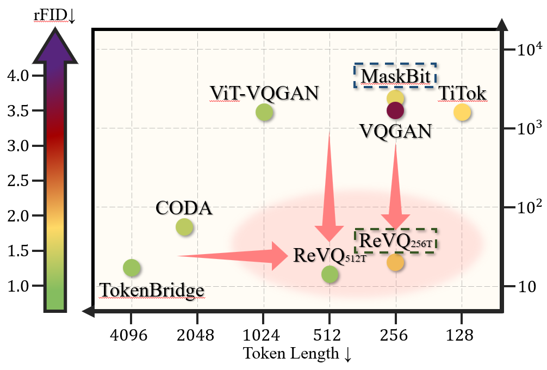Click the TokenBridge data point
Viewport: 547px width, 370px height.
coord(132,267)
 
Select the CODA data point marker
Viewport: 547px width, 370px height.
coord(184,227)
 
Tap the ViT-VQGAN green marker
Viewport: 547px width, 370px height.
coord(264,112)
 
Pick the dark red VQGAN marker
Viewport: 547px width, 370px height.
coord(395,111)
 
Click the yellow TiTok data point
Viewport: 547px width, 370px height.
coord(462,112)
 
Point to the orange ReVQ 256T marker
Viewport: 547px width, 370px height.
coord(395,262)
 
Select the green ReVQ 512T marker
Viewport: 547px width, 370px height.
coord(330,274)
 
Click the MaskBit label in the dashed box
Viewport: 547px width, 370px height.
coord(395,76)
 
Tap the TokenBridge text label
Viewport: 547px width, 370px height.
coord(152,291)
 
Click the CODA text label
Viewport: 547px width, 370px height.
coord(183,208)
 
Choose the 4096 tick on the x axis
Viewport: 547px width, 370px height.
coord(131,336)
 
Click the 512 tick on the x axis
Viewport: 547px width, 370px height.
coord(330,336)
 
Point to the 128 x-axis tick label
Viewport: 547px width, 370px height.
coord(462,336)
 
